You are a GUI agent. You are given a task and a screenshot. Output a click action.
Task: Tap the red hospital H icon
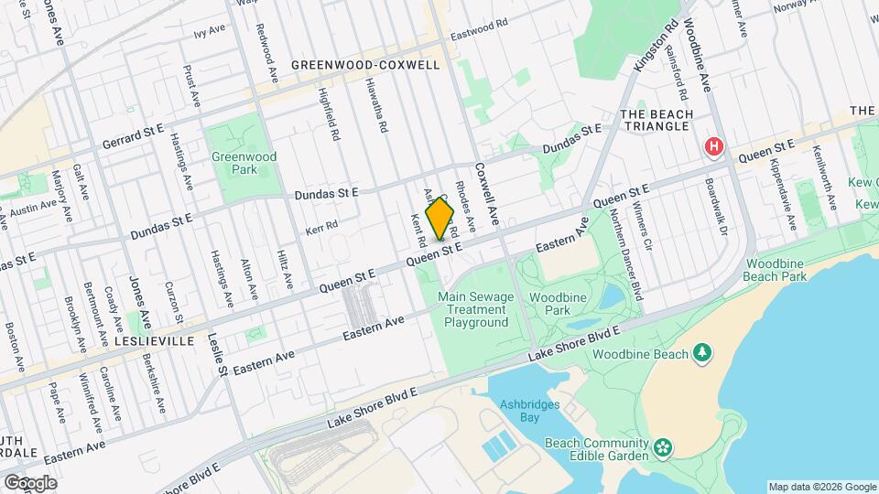pyautogui.click(x=713, y=147)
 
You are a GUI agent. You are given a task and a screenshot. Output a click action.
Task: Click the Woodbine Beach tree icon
pyautogui.click(x=702, y=352)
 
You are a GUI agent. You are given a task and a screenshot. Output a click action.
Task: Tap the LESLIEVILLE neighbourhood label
pyautogui.click(x=155, y=340)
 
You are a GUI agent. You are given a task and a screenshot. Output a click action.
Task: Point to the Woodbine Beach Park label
pyautogui.click(x=774, y=269)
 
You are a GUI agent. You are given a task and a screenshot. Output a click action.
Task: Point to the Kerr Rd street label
pyautogui.click(x=322, y=224)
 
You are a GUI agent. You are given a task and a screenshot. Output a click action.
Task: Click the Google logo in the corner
pyautogui.click(x=30, y=482)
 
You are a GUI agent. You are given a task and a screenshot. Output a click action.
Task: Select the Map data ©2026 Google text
pyautogui.click(x=820, y=486)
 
